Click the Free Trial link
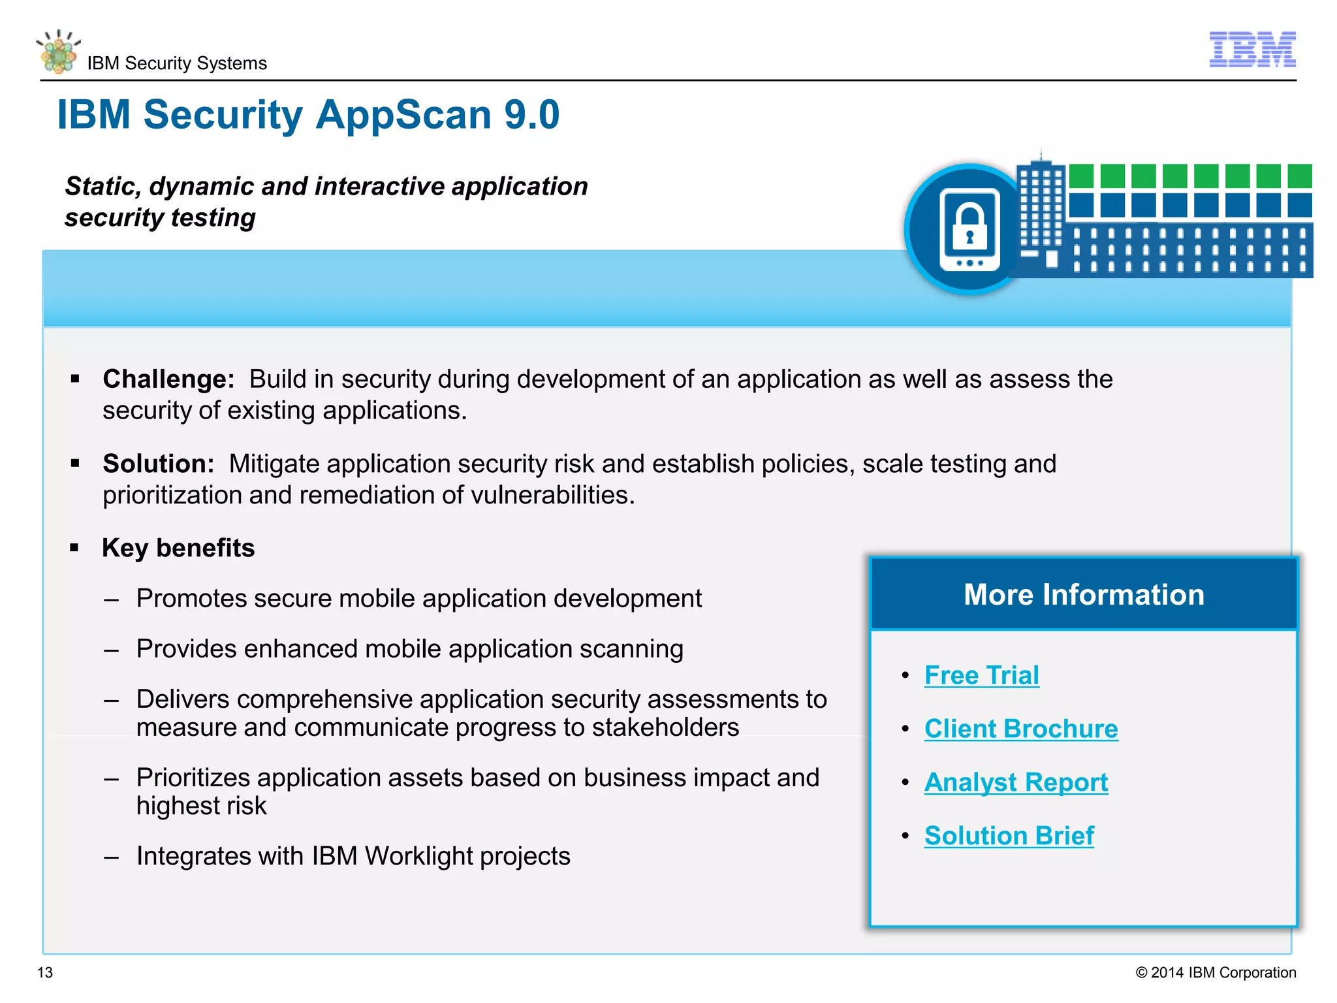981,675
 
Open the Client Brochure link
1020,729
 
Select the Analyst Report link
1016,782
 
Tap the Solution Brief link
1009,836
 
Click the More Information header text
1084,595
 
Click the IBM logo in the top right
1252,50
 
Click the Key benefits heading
178,548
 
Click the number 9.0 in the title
531,115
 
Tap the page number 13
45,972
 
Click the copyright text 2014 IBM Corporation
1222,972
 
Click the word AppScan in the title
405,115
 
